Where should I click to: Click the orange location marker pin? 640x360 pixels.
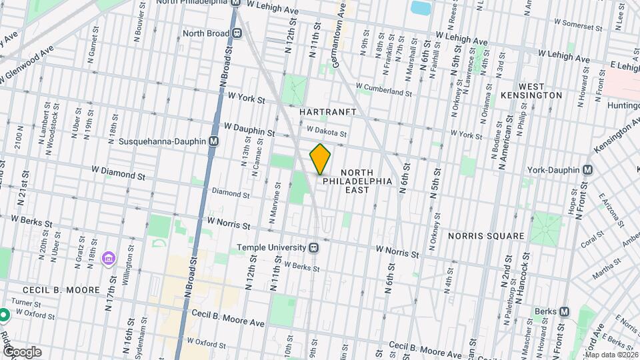click(x=321, y=159)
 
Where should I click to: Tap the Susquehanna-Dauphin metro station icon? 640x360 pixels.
click(x=214, y=141)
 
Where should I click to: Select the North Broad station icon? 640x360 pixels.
click(x=237, y=32)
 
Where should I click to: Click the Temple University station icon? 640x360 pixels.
click(x=313, y=247)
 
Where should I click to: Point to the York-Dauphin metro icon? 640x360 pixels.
click(x=587, y=170)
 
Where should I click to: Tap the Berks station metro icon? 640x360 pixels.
click(x=565, y=312)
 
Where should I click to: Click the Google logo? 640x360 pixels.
click(x=21, y=352)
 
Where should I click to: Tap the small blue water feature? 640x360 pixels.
click(x=421, y=8)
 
